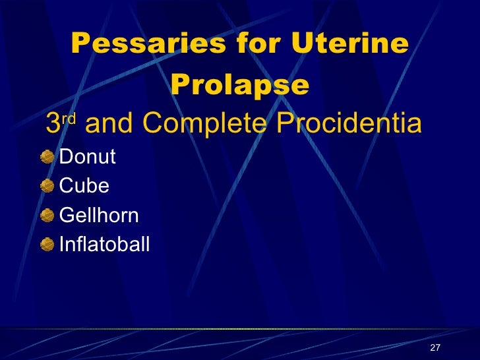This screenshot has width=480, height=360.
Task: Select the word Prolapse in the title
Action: point(239,84)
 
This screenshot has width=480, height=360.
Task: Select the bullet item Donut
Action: point(88,158)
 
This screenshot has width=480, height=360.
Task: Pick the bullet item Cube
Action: point(84,187)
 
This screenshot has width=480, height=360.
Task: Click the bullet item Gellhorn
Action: point(99,216)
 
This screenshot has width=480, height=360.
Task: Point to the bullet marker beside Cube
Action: point(46,186)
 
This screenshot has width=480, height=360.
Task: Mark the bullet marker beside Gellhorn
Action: point(46,215)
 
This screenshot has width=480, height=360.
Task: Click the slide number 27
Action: point(434,348)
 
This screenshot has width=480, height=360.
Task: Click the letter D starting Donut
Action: point(65,158)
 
